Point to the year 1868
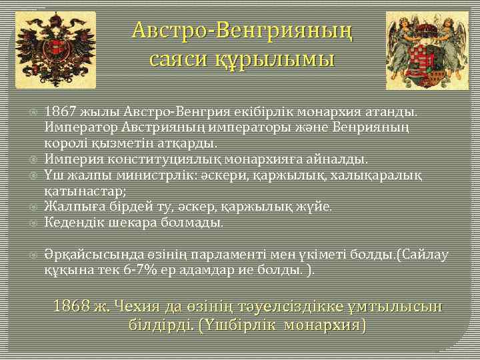[71, 307]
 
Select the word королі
[65, 143]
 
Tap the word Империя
[71, 159]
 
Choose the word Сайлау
[425, 255]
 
